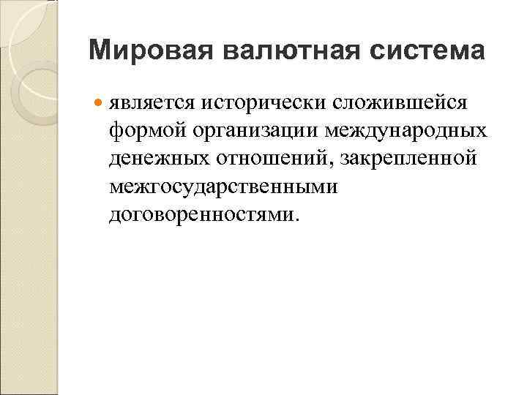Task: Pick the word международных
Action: (x=414, y=131)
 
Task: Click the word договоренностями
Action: (x=199, y=214)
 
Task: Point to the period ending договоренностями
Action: (x=296, y=219)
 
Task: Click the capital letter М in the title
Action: (x=100, y=51)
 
